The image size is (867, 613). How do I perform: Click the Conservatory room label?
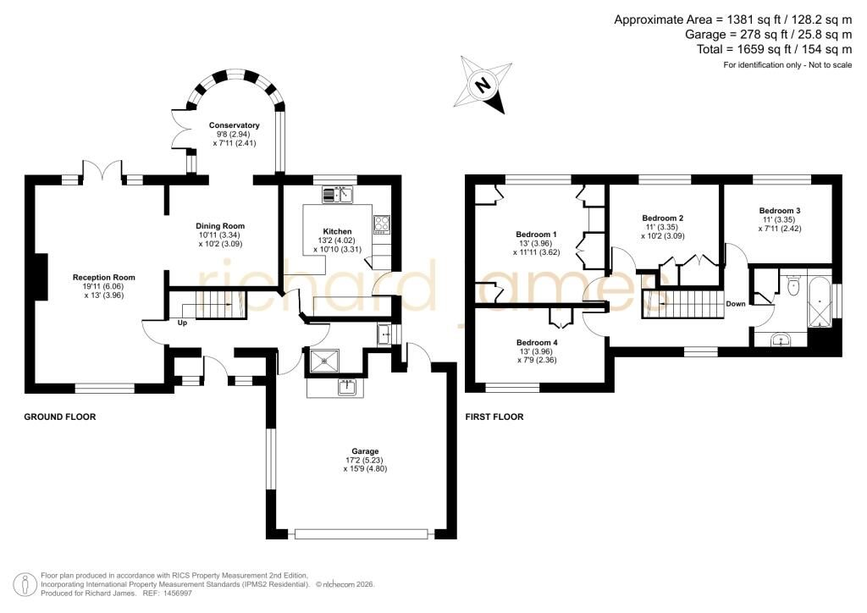click(x=234, y=125)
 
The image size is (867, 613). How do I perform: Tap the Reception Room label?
click(x=104, y=278)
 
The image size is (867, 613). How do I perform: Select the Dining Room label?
click(x=220, y=226)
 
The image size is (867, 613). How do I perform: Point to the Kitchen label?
click(x=337, y=232)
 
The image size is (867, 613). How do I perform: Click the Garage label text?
click(x=365, y=451)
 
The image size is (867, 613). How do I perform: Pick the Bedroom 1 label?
click(x=536, y=235)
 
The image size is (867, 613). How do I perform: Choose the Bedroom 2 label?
click(x=662, y=218)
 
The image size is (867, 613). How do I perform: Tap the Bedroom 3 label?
click(x=780, y=211)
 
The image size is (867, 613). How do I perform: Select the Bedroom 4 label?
click(x=537, y=343)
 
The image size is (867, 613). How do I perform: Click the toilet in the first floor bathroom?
click(x=792, y=285)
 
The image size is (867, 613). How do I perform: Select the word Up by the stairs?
click(x=182, y=323)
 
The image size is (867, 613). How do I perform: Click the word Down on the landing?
click(x=736, y=304)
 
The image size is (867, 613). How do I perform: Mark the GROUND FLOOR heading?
click(x=60, y=417)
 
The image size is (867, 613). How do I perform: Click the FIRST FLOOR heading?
click(x=494, y=417)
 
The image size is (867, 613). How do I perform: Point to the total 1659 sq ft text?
click(x=774, y=49)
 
